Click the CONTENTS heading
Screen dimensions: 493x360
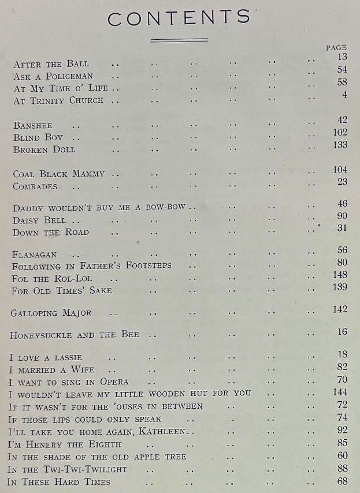tap(179, 18)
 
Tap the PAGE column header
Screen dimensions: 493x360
tap(336, 47)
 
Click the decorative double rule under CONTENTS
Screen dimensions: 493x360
tap(179, 40)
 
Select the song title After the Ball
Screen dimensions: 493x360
tap(51, 64)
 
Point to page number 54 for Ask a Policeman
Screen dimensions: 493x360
tap(342, 70)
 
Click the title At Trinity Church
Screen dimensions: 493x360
tap(58, 100)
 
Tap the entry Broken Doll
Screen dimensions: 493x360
tap(44, 150)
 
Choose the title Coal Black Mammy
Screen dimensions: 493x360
tap(59, 174)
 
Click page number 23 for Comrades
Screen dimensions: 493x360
tap(342, 182)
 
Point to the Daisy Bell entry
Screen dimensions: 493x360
tap(39, 220)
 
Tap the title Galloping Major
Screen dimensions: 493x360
tap(51, 313)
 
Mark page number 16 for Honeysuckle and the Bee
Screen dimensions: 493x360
tap(342, 332)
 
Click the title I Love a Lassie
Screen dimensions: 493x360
tap(46, 358)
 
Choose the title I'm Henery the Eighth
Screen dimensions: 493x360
tap(64, 444)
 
